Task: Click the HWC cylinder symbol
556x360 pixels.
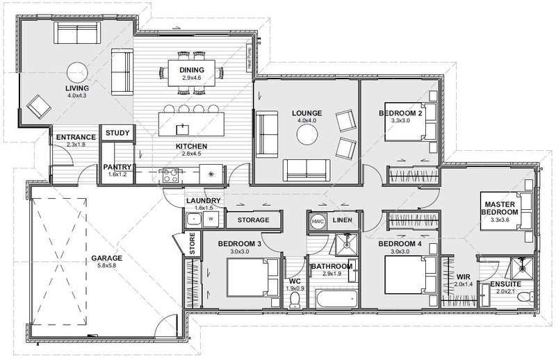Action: coord(318,221)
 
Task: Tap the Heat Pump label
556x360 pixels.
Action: coord(249,58)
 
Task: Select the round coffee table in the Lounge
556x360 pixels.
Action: coord(307,135)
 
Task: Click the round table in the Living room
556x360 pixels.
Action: coord(77,73)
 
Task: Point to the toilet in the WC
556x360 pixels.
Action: coord(295,300)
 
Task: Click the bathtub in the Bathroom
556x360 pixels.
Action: coord(336,299)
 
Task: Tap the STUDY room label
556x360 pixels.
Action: coord(117,133)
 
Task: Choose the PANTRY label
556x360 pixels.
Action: coord(117,167)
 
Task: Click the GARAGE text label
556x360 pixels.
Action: coord(107,259)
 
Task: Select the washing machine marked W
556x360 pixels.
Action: coord(211,219)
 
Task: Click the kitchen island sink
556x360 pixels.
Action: coord(183,129)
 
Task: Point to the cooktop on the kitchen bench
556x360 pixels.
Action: coord(170,175)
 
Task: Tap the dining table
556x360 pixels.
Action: coord(192,74)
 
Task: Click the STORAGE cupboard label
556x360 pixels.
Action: coord(253,220)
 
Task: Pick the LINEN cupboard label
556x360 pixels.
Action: coord(343,220)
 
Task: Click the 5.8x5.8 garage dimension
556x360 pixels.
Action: coord(107,265)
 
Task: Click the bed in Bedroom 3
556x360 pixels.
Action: coord(252,277)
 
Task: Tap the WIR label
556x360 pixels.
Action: coord(464,277)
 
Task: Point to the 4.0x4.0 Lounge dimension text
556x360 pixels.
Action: coord(307,121)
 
